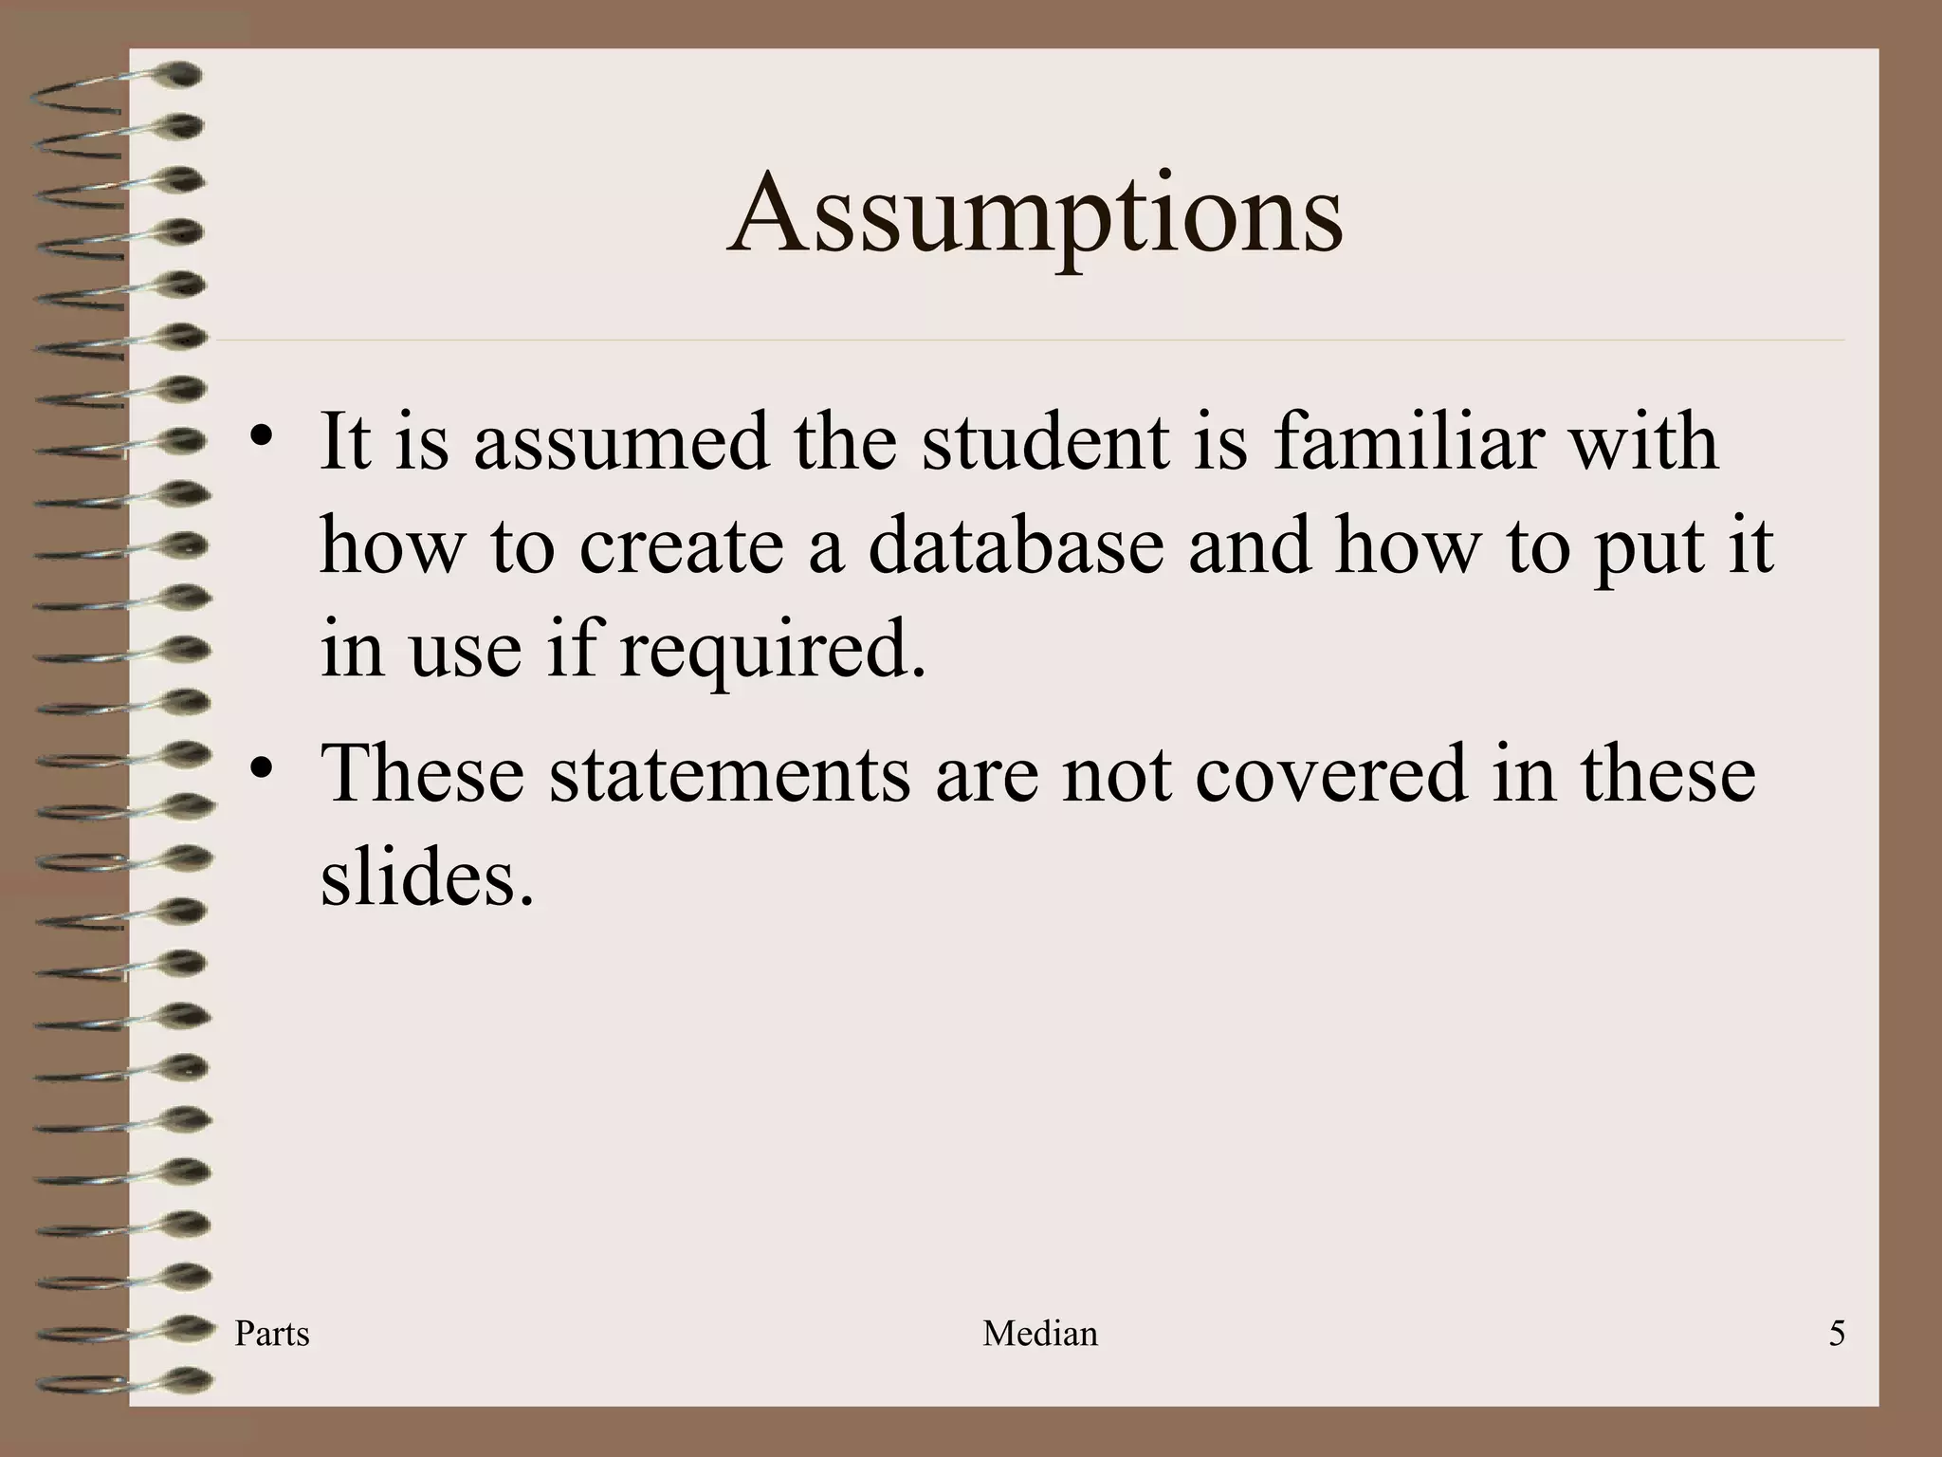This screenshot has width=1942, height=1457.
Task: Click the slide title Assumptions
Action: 1035,214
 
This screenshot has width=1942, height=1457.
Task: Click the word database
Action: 1016,546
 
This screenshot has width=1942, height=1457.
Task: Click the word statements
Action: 728,774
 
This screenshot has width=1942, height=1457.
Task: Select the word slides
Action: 427,876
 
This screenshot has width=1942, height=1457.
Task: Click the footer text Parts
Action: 272,1334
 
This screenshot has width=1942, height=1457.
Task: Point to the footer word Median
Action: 1040,1334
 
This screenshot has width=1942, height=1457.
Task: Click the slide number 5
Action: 1837,1334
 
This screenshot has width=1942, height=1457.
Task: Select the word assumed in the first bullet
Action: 621,443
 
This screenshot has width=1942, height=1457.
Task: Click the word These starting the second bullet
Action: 423,774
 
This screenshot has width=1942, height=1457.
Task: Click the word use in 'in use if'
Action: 465,653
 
